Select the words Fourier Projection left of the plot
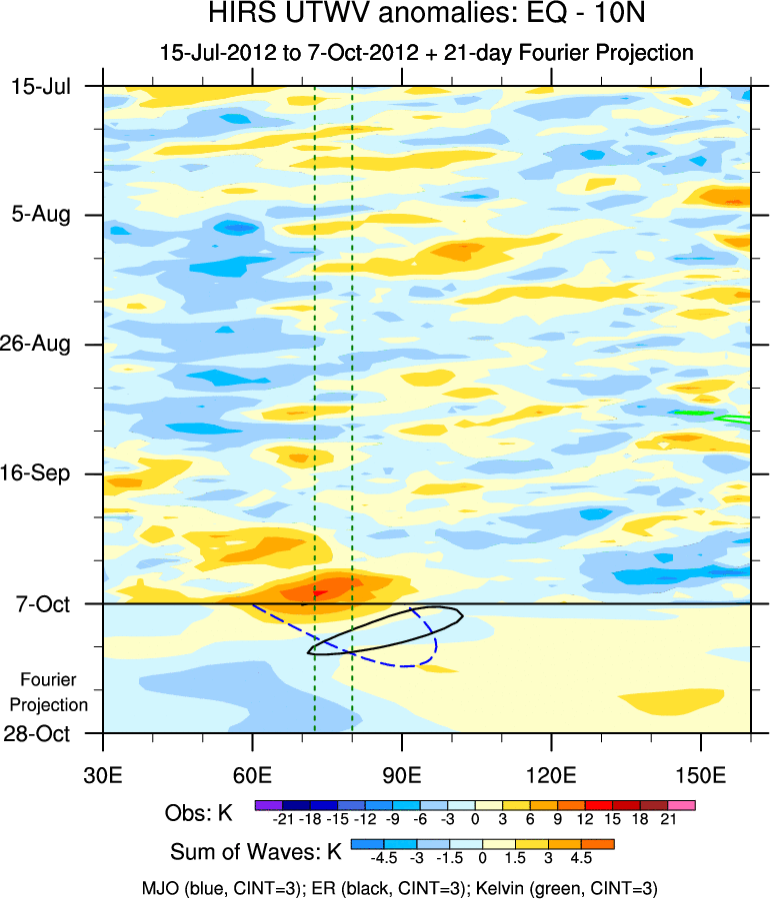(54, 692)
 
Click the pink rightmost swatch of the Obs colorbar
(682, 803)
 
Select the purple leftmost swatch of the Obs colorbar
(268, 803)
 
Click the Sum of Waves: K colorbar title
(256, 852)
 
